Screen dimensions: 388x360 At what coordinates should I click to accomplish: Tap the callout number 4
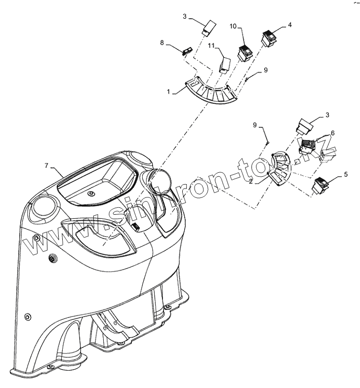[x=290, y=24]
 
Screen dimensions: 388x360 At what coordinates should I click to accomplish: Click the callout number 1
[x=169, y=91]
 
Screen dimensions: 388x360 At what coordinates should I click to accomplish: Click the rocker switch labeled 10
[x=245, y=52]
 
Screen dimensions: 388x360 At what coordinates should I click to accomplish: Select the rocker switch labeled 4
[x=270, y=38]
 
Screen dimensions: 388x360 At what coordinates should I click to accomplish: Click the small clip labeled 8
[x=187, y=51]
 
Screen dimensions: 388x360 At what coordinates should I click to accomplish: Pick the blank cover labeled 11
[x=225, y=64]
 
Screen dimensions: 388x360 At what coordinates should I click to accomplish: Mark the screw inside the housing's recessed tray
[x=91, y=194]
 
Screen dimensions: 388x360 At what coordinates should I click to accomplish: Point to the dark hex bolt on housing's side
[x=52, y=259]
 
